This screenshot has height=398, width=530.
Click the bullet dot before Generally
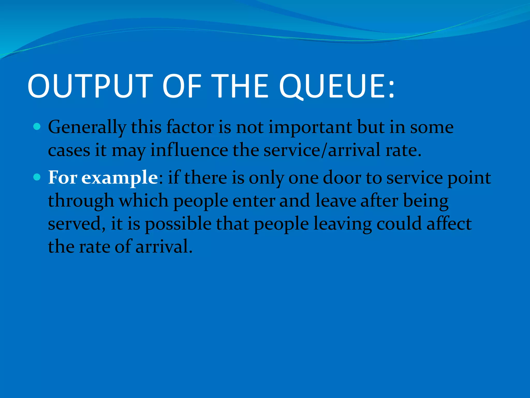click(x=37, y=127)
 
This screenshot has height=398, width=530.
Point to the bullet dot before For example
click(x=37, y=177)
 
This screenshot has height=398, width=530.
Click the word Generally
click(x=87, y=128)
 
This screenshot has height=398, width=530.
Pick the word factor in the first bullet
click(x=190, y=127)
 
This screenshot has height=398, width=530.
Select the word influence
click(x=189, y=150)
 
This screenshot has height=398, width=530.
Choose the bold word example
click(x=119, y=178)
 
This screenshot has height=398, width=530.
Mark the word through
click(x=81, y=201)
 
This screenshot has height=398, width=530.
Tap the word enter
click(x=254, y=201)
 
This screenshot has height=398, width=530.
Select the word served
click(x=76, y=224)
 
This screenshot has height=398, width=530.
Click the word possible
click(x=178, y=224)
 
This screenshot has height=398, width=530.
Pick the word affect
click(x=449, y=224)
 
